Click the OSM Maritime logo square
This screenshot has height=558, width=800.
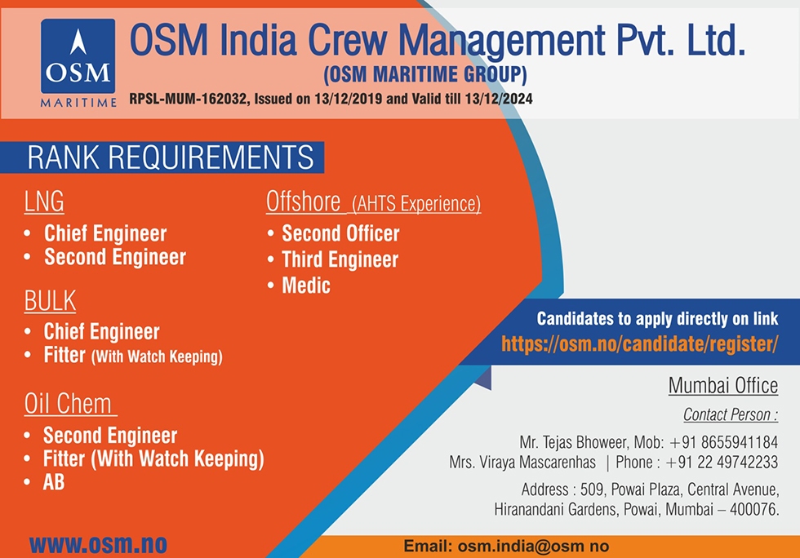click(x=78, y=56)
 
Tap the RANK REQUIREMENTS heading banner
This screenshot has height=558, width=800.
click(x=162, y=157)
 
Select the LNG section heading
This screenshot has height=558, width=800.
click(x=44, y=201)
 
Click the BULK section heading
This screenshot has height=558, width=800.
click(x=50, y=300)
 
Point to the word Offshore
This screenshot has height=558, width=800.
click(x=304, y=201)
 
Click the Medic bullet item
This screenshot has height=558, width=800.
click(x=306, y=286)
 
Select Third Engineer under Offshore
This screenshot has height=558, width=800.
click(x=340, y=259)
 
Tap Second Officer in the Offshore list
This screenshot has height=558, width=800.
click(x=341, y=233)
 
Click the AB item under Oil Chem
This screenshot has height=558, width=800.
click(x=54, y=482)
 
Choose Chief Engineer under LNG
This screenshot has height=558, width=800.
click(x=105, y=233)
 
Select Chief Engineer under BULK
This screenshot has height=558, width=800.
click(x=101, y=331)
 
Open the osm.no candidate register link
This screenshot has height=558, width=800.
click(x=640, y=344)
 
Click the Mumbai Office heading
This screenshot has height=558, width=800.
click(x=723, y=386)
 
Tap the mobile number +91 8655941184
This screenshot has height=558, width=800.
click(x=723, y=441)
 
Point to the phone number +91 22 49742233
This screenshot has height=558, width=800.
click(x=722, y=462)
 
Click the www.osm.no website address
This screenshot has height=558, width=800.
click(x=98, y=545)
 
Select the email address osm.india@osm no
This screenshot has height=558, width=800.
click(x=533, y=547)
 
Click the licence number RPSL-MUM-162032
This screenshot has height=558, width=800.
click(x=188, y=99)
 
